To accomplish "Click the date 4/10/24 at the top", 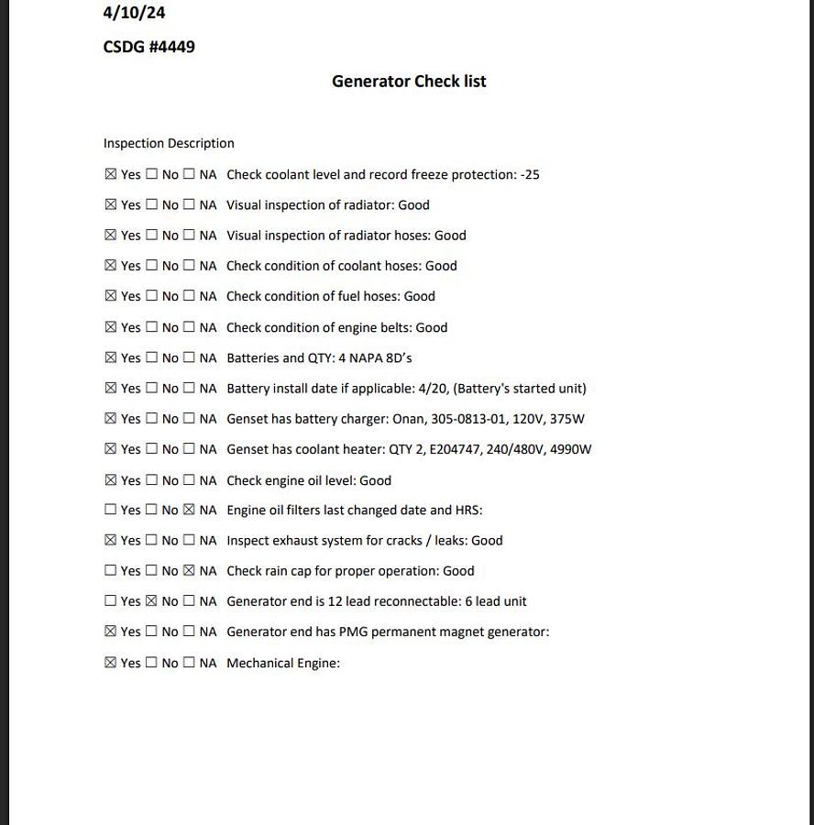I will coord(134,13).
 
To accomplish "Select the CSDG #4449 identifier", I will coord(148,47).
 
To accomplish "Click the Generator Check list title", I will coord(409,82).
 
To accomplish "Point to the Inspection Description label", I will coord(169,143).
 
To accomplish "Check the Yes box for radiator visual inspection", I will coord(111,204).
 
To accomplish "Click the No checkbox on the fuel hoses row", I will coord(152,296).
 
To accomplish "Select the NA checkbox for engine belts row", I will coord(189,327).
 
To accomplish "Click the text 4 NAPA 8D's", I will coord(380,357).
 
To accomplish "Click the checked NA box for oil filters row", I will coord(189,510).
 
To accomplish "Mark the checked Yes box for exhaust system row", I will coord(111,540).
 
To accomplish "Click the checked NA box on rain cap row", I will coord(189,570).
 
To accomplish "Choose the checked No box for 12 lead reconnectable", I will coord(152,601).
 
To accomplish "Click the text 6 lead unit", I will coord(495,601).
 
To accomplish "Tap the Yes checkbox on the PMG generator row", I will coord(111,632).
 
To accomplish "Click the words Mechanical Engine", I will coord(282,663).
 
